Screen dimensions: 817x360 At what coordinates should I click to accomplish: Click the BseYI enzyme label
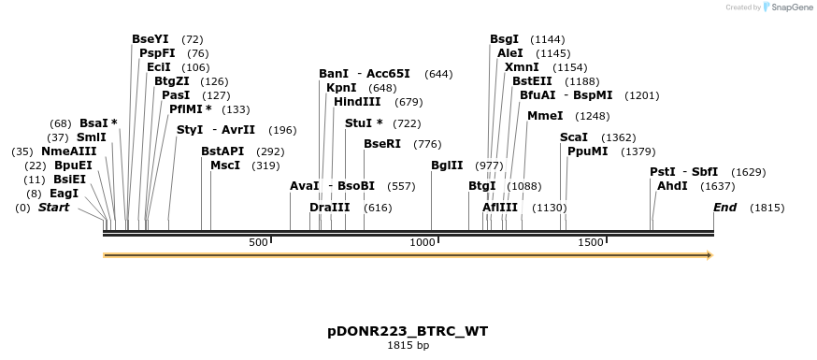[150, 39]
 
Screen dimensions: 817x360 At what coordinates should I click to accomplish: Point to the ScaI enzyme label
[574, 137]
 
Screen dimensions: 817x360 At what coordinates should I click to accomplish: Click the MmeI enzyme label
[545, 116]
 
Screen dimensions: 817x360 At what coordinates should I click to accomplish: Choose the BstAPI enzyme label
[222, 151]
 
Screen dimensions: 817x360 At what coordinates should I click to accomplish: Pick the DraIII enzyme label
[329, 208]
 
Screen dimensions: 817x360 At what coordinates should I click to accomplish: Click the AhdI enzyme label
[672, 186]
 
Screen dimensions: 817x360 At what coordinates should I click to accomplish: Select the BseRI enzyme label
[382, 144]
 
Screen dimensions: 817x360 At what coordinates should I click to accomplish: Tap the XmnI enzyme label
[522, 67]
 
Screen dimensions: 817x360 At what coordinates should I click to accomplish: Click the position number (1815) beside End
[767, 208]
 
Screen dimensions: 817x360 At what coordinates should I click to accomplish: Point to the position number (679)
[408, 102]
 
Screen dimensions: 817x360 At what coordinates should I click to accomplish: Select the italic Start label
[53, 208]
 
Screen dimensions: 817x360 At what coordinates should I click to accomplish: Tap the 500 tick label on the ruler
[258, 243]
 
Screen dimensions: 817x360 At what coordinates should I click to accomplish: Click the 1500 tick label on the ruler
[591, 243]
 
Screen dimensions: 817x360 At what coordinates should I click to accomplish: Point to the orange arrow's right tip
[712, 255]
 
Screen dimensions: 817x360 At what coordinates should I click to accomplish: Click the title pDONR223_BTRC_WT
[408, 331]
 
